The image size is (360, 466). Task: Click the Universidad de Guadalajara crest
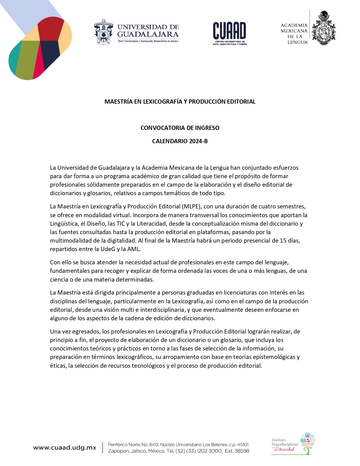pos(103,32)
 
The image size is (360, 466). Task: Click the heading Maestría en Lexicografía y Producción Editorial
pos(180,102)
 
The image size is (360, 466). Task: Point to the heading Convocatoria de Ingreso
pos(180,128)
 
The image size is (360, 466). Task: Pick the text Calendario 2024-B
pos(180,141)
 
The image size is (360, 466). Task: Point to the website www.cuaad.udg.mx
pos(65,448)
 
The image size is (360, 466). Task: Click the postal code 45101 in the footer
pos(243,445)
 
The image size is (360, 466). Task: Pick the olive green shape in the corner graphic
pos(27,61)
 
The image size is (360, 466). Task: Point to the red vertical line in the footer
pos(102,448)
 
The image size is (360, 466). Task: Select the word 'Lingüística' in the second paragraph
pos(64,224)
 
